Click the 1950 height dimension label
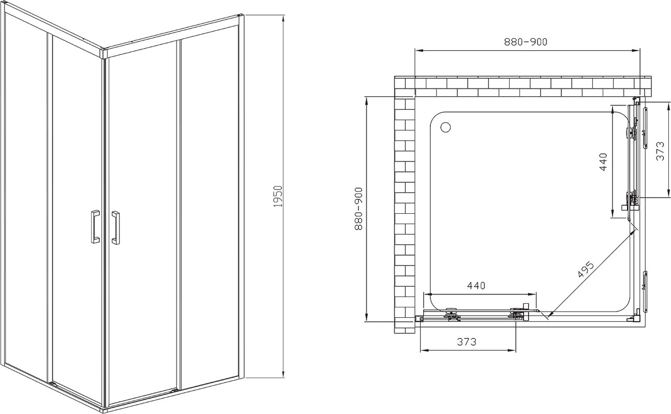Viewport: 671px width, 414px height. pyautogui.click(x=278, y=196)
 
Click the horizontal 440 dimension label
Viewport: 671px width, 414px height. pyautogui.click(x=476, y=286)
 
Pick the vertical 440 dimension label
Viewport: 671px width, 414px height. pyautogui.click(x=603, y=162)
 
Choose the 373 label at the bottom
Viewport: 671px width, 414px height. pyautogui.click(x=467, y=341)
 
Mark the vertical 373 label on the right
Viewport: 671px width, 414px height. pyautogui.click(x=660, y=151)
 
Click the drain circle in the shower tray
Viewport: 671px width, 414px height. pyautogui.click(x=445, y=127)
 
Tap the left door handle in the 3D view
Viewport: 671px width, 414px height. pyautogui.click(x=95, y=227)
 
